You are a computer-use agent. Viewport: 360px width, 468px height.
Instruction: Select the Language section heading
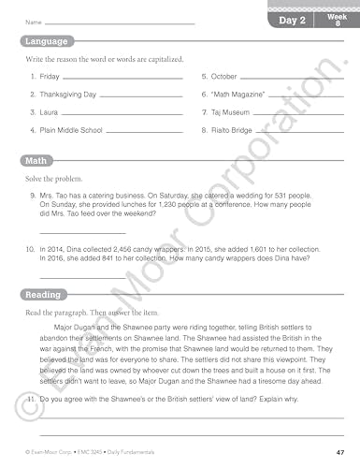click(x=46, y=41)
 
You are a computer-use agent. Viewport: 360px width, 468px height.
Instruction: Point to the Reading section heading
click(x=42, y=295)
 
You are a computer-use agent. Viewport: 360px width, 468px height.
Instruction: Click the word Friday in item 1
click(x=50, y=76)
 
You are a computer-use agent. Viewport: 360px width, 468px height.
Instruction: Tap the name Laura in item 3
click(x=50, y=112)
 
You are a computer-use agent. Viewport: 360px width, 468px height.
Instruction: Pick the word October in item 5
click(x=223, y=76)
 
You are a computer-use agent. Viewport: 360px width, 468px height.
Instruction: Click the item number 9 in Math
click(x=33, y=196)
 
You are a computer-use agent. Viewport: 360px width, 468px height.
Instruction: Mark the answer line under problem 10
click(x=82, y=278)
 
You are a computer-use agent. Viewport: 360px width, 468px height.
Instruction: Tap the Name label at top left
click(x=34, y=22)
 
